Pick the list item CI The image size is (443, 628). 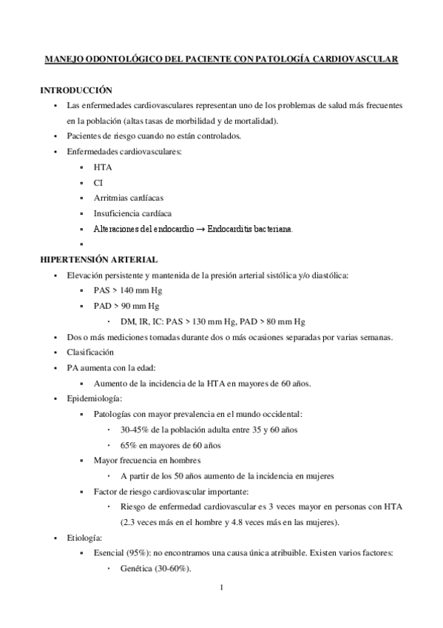[98, 182]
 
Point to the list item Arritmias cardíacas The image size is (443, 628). [129, 198]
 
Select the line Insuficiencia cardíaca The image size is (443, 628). [132, 213]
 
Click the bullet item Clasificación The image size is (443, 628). [90, 352]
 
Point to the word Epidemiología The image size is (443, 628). [93, 398]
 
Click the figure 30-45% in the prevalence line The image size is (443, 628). [135, 430]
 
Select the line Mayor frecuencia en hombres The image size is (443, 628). [147, 460]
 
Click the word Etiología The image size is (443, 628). [84, 538]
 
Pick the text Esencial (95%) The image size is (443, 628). [122, 552]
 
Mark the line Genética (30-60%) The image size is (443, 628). [155, 568]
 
